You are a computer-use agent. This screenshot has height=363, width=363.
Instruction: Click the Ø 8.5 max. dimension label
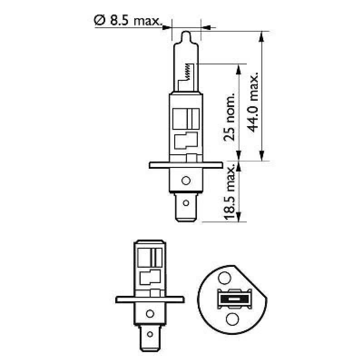(x=128, y=20)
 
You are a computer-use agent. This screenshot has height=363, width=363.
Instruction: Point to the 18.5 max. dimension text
(x=230, y=193)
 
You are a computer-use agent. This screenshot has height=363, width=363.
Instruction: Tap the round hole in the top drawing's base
(x=185, y=181)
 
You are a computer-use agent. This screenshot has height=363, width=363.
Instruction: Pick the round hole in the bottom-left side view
(x=150, y=313)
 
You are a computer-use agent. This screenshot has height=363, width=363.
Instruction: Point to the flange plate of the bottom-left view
(x=150, y=299)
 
